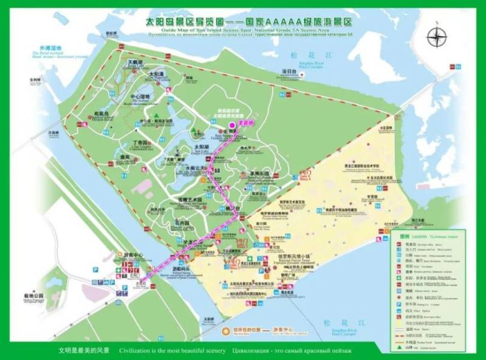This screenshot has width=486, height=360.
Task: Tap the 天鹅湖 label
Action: click(x=134, y=62)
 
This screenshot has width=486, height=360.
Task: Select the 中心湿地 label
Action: click(x=140, y=97)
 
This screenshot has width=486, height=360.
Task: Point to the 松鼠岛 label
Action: click(x=101, y=114)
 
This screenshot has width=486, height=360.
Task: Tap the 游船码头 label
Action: click(x=182, y=268)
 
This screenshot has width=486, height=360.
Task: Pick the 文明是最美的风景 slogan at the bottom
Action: click(x=83, y=351)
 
